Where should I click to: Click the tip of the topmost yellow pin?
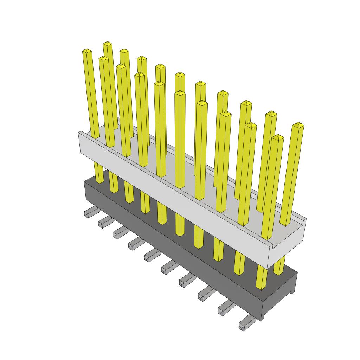108,44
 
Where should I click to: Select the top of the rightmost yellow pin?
298,125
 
